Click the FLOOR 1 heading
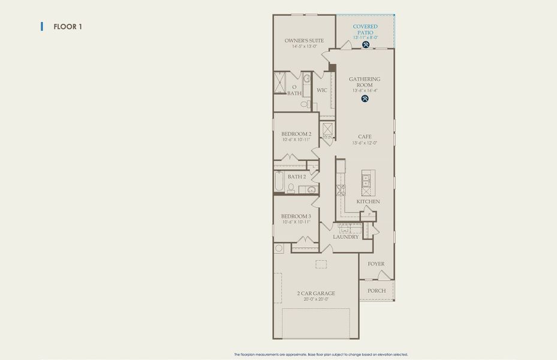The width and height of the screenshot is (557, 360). (67, 26)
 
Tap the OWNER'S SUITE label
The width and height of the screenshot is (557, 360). (304, 41)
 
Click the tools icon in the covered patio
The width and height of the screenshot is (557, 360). (365, 44)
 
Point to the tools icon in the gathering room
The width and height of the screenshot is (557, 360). (365, 99)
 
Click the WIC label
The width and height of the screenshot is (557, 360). (321, 91)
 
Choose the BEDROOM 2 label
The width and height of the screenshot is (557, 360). (296, 134)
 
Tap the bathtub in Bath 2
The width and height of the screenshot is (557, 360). (279, 182)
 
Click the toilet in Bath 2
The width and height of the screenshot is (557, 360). (291, 188)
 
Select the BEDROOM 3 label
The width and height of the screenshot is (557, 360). (296, 216)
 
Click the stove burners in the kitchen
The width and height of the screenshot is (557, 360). (341, 191)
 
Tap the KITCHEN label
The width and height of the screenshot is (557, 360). (368, 202)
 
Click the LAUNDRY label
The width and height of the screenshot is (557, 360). (346, 237)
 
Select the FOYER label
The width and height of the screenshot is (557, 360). (376, 264)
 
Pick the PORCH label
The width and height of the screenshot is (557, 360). (377, 291)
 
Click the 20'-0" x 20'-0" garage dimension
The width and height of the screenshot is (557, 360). (316, 299)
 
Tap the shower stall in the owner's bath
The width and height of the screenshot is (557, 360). (280, 83)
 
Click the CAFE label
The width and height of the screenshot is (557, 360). (365, 137)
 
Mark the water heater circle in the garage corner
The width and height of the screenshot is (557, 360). (279, 248)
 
